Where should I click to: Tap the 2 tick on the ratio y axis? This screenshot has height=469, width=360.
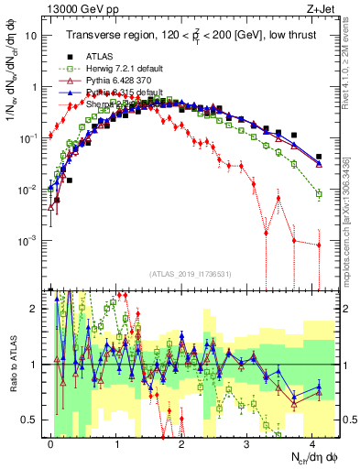click(35, 309)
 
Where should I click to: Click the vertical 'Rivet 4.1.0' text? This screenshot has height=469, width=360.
click(353, 64)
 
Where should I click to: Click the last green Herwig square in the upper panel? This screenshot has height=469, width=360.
click(319, 194)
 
